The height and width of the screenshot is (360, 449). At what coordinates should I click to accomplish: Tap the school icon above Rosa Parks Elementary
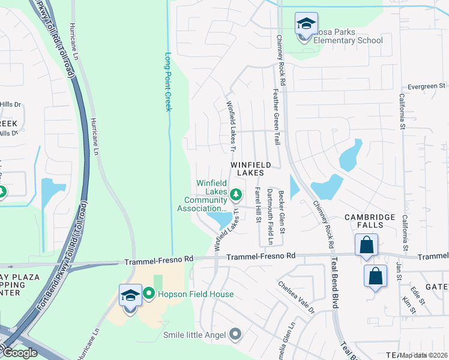click(x=306, y=24)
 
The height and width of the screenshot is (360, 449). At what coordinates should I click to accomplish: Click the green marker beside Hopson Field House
click(x=149, y=294)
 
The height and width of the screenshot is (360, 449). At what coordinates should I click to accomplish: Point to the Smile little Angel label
click(x=194, y=334)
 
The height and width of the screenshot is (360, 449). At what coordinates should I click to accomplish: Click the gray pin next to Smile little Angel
click(x=235, y=334)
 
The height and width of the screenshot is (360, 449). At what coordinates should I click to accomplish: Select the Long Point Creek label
click(x=168, y=82)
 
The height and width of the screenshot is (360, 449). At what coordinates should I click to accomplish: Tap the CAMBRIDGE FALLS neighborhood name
click(x=370, y=222)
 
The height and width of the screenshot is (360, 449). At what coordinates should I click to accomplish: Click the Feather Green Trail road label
click(x=277, y=110)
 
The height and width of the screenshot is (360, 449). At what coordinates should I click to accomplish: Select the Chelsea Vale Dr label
click(x=297, y=296)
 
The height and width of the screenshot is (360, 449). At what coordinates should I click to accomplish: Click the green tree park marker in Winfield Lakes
click(x=236, y=194)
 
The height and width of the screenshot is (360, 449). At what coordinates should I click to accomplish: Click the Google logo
click(x=20, y=353)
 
